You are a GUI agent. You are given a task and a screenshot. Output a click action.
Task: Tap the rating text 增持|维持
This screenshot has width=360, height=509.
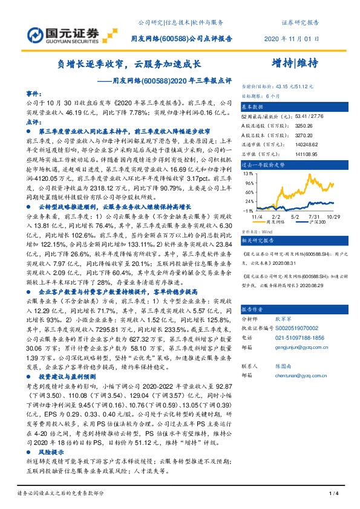[x=295, y=63]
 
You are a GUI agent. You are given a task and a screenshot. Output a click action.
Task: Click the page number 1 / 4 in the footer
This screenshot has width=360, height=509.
[x=332, y=494]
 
